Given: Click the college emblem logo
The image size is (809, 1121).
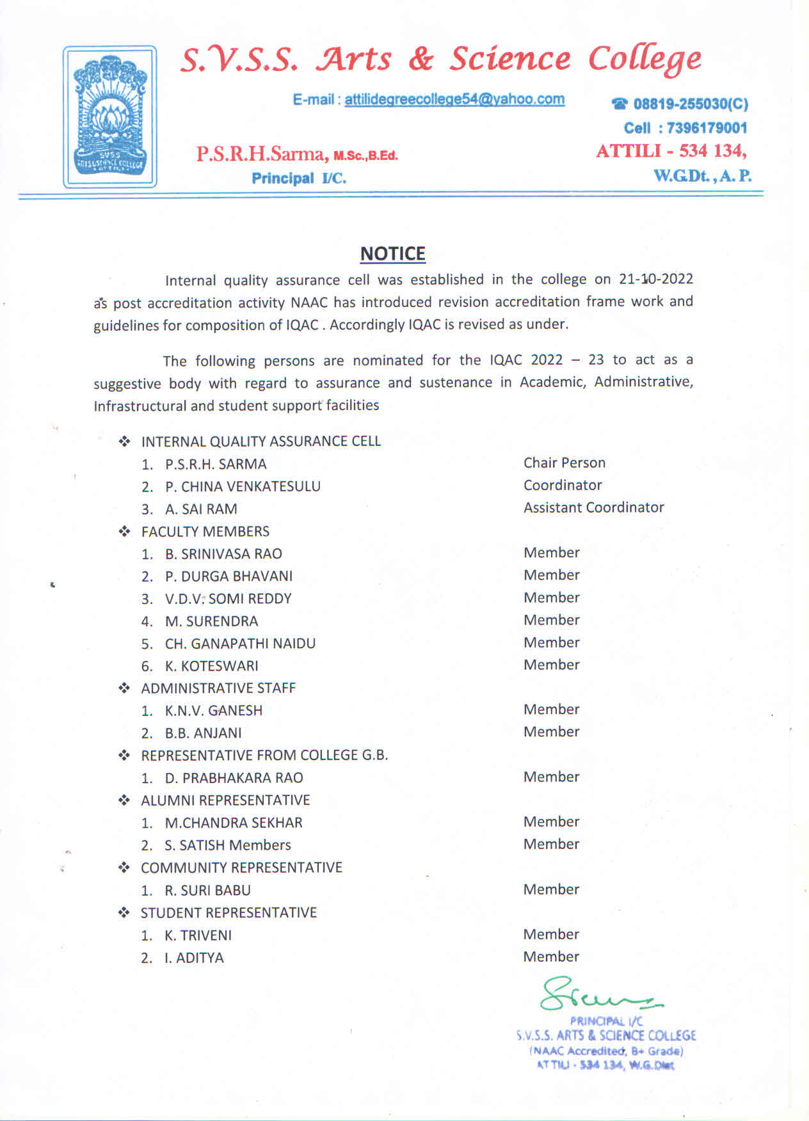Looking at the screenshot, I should click(109, 116).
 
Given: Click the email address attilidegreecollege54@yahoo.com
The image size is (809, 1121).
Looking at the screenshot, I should click(454, 99).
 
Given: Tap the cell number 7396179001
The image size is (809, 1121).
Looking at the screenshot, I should click(707, 128).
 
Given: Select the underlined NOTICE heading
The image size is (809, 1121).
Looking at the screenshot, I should click(392, 254).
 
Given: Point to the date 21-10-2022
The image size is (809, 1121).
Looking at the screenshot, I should click(656, 279).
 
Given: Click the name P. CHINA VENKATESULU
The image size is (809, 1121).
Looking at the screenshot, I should click(243, 486).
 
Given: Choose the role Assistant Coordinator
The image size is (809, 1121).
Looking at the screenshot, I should click(593, 507).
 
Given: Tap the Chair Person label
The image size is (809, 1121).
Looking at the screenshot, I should click(564, 463).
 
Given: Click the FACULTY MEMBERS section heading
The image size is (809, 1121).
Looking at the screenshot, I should click(205, 531).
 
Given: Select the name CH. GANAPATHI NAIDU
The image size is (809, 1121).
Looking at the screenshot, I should click(240, 643).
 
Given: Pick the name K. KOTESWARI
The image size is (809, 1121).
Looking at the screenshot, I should click(211, 665).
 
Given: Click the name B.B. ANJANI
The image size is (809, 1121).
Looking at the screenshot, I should click(203, 733).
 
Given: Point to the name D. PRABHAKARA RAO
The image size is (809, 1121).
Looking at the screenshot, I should click(234, 777).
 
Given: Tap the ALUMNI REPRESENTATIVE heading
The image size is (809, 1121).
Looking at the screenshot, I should click(225, 800).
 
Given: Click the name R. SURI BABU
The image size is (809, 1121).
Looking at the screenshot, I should click(207, 890).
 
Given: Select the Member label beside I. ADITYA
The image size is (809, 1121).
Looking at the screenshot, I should click(550, 957).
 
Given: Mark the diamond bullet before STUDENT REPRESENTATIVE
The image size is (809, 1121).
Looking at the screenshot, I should click(124, 912).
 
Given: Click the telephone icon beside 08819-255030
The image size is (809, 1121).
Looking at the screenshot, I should click(620, 104).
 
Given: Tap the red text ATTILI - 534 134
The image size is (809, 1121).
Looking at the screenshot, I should click(671, 151).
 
